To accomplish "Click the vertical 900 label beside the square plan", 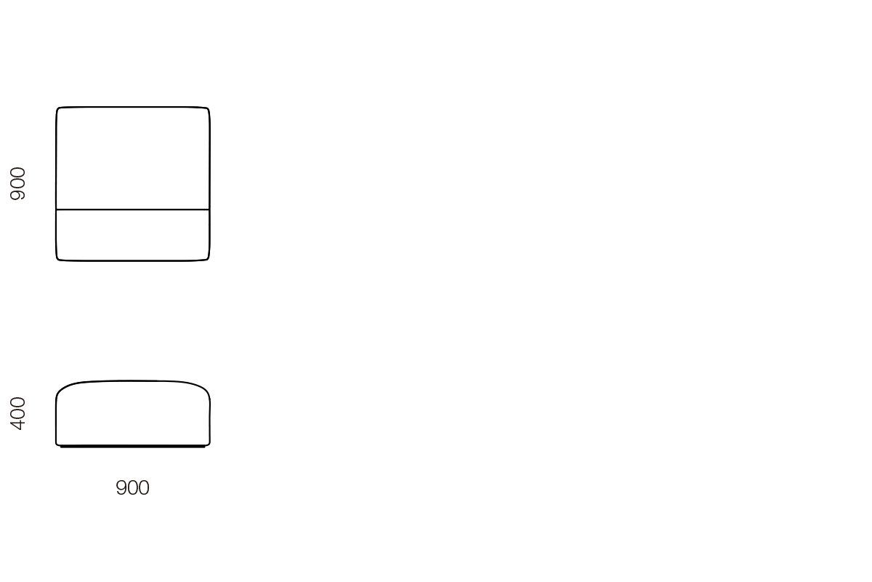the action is (17, 183).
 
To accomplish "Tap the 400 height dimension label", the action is (17, 414).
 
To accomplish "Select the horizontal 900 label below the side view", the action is (132, 487).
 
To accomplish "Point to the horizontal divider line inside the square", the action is (133, 210).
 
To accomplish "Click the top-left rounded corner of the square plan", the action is (58, 109).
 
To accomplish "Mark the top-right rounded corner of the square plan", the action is (208, 109).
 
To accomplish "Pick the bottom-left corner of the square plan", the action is (58, 258).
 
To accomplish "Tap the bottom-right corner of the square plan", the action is (208, 258).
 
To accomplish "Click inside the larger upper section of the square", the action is (133, 159).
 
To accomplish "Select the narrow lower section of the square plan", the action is (133, 235).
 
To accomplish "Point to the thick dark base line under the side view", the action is (133, 447).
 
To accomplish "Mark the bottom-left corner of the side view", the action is (57, 444).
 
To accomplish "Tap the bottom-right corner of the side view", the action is (209, 444).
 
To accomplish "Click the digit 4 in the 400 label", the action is (17, 425).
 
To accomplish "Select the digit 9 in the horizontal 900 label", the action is (121, 487).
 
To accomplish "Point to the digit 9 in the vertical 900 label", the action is (17, 195).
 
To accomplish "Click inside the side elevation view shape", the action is (133, 414).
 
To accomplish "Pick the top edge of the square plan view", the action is (133, 107).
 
